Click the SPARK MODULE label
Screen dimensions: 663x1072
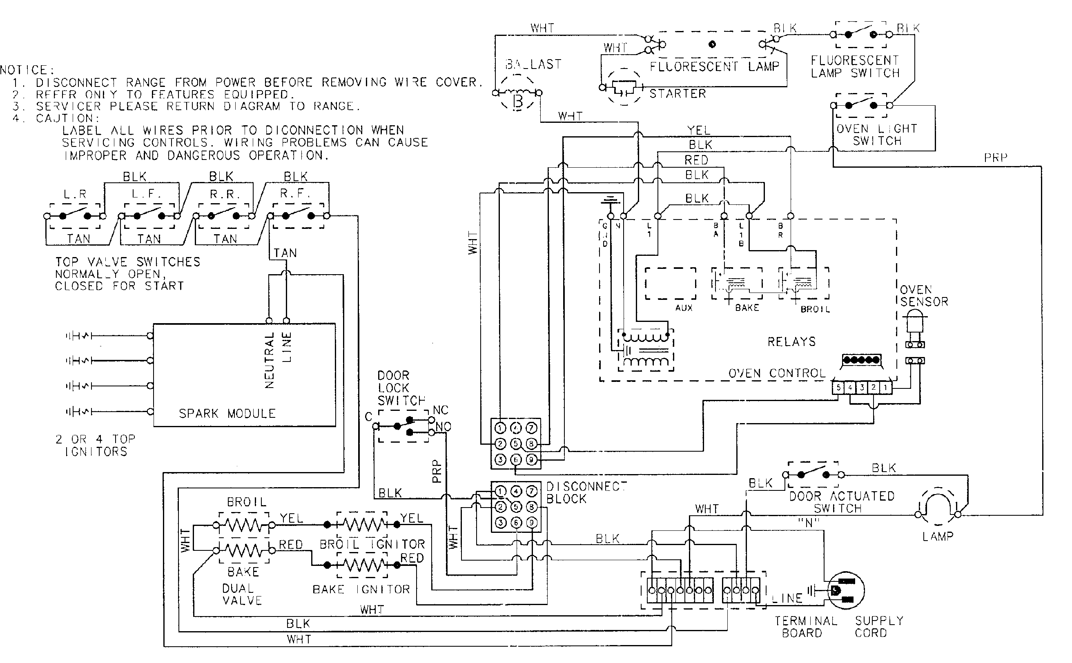coord(227,413)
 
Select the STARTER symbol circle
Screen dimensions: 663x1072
coord(624,88)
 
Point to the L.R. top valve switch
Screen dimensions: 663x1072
coord(75,216)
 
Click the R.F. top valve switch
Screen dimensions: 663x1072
coord(298,216)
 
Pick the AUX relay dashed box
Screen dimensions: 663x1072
coord(670,284)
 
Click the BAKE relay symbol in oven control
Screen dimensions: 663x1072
coord(736,284)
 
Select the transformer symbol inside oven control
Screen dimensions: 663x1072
coord(646,350)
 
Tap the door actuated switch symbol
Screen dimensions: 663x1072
coord(813,475)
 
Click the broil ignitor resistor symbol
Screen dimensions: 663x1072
coord(361,524)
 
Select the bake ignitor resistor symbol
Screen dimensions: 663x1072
coord(361,565)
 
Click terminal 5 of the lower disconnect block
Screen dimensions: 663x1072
coord(516,507)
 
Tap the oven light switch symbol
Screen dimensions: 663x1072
coord(860,105)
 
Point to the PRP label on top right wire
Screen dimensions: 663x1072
coord(995,157)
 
